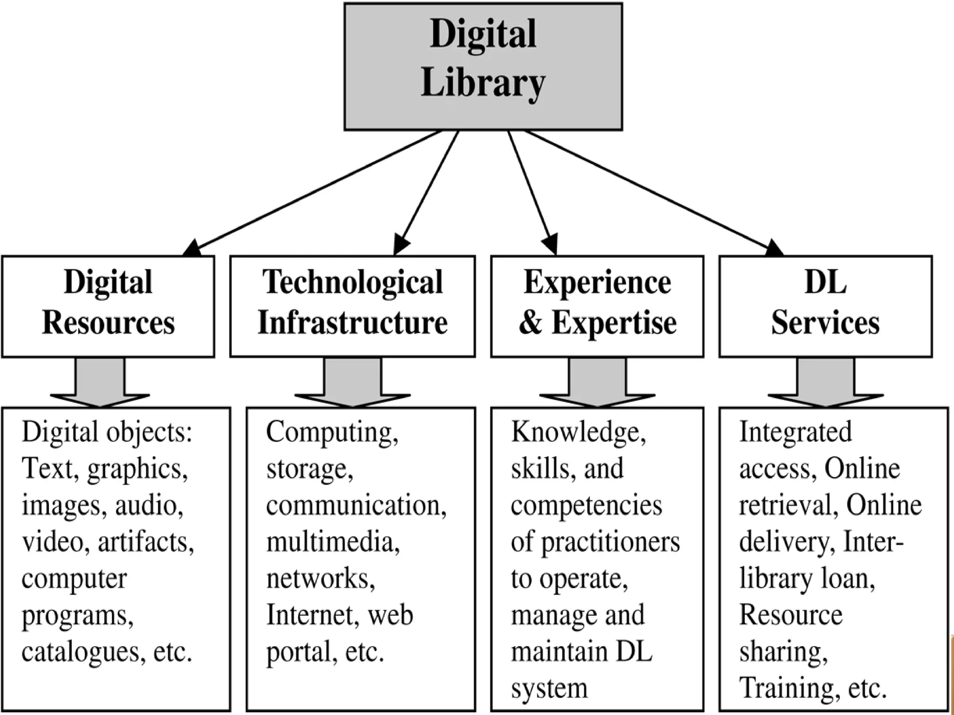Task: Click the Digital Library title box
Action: (x=483, y=67)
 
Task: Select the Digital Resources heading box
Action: (x=108, y=306)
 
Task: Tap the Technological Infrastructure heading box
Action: (x=352, y=306)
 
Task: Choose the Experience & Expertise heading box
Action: (x=597, y=306)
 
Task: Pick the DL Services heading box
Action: (x=825, y=306)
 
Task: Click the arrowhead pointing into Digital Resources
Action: (x=192, y=249)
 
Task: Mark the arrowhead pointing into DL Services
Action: (x=774, y=248)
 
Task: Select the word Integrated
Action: (x=795, y=432)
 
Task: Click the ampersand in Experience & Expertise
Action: (x=531, y=323)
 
